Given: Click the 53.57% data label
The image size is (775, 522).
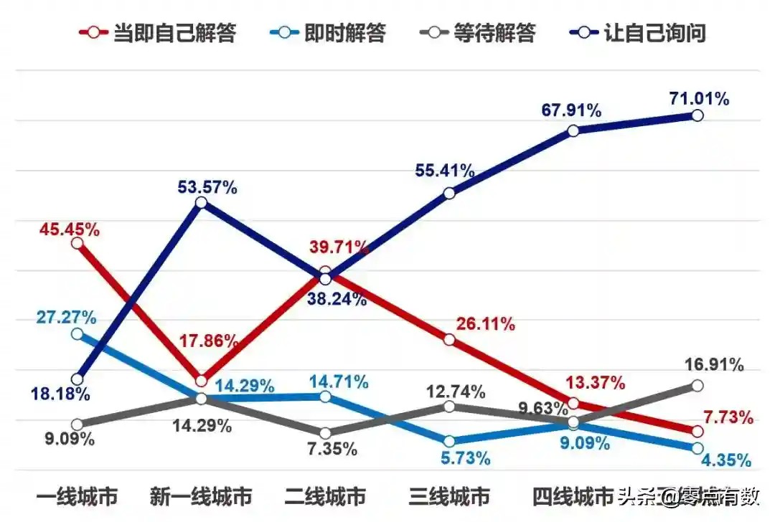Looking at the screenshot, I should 207,188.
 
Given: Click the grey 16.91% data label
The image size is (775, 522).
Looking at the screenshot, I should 715,364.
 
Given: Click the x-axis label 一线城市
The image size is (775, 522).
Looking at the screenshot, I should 77,496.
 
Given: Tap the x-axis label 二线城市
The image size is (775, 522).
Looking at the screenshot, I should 325,496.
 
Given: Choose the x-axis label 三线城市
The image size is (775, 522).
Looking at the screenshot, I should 449,496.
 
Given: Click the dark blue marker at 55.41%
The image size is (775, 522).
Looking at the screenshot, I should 449,193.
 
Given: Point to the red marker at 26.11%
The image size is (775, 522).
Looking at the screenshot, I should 449,339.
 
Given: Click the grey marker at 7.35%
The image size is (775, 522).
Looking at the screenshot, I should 325,432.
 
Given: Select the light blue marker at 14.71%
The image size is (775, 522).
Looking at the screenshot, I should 325,397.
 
